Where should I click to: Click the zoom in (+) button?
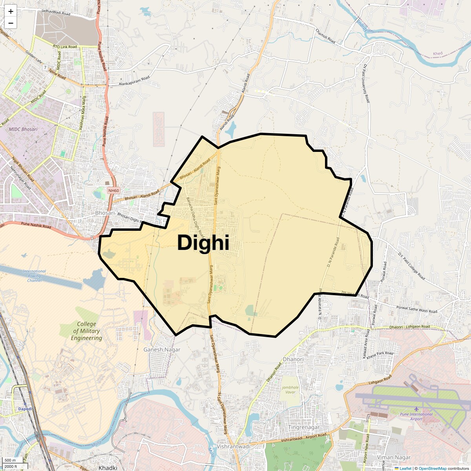point(11,11)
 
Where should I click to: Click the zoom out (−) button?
point(11,23)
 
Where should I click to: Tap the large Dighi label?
point(203,243)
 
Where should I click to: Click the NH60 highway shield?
point(113,190)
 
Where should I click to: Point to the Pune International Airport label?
point(416,416)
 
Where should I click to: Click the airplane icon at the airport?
point(416,409)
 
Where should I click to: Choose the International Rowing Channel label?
point(34,276)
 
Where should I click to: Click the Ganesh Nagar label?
point(162,349)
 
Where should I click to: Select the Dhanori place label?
point(293,359)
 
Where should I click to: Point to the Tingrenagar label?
point(304,427)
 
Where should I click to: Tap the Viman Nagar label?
point(393,457)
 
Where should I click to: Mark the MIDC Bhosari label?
point(23,129)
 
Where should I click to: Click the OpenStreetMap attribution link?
point(433,468)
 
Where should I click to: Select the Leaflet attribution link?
point(405,468)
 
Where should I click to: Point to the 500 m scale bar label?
point(11,460)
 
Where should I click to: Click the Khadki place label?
point(108,468)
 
